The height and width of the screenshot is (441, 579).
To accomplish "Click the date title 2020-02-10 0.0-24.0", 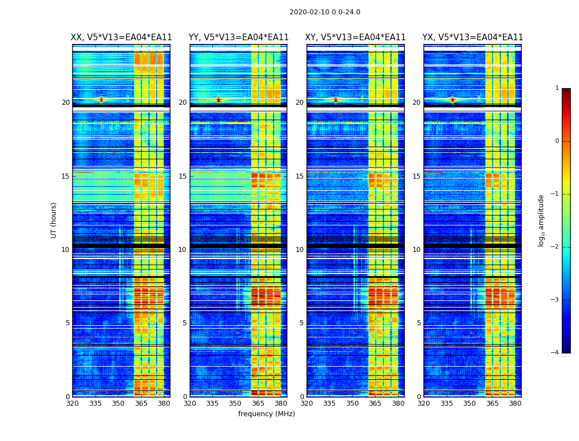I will tap(325, 12).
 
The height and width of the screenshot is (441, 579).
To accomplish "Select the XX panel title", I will tap(121, 37).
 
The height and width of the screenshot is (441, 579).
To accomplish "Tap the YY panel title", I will tap(239, 37).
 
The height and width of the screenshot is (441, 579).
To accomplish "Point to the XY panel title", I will tap(356, 37).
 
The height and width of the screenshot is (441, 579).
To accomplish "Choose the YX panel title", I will tap(473, 37).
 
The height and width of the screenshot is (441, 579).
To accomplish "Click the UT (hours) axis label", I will tap(54, 220).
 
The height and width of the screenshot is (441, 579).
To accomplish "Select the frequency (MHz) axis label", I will tap(266, 414).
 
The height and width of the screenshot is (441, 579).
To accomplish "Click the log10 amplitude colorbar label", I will tap(542, 220).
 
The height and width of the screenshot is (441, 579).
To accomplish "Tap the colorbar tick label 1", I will tap(556, 88).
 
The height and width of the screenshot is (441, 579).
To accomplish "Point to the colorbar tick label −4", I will tap(555, 353).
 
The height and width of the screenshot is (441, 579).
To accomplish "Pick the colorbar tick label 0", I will tap(556, 141).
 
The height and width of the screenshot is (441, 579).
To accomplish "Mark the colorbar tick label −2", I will tap(555, 247).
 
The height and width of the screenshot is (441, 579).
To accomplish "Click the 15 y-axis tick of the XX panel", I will tap(66, 176).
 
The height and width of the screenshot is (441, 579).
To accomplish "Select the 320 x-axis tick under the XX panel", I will tap(72, 404).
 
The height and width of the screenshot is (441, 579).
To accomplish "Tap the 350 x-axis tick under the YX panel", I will tap(469, 404).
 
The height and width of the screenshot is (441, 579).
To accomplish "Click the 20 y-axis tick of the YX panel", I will tap(416, 102).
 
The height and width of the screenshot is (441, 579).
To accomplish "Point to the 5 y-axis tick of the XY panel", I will tap(302, 323).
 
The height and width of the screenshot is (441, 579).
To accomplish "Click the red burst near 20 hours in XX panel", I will tap(101, 100).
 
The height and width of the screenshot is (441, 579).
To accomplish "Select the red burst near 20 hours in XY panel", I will tap(335, 100).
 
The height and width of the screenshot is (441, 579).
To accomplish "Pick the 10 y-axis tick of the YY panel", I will tap(183, 249).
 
